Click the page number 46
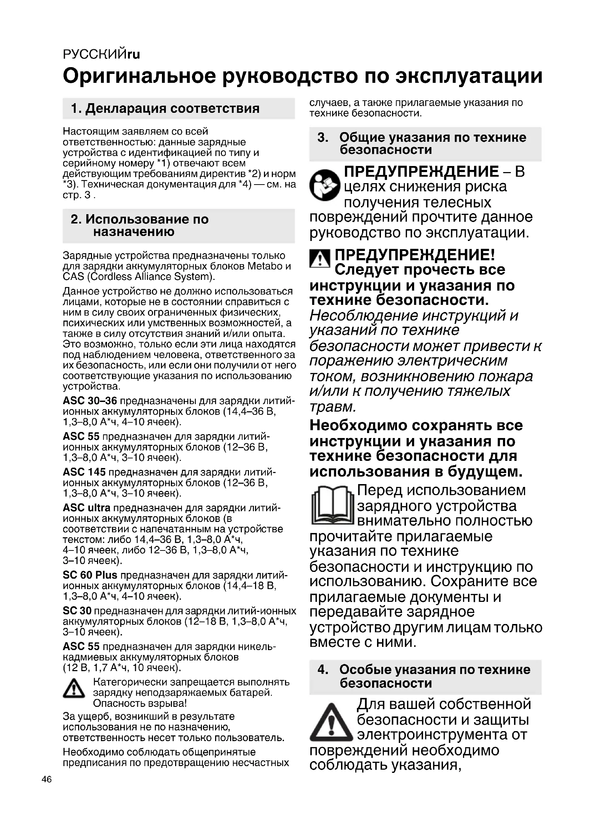[47, 779]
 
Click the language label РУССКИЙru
[101, 55]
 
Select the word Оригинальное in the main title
[139, 76]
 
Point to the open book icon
[332, 506]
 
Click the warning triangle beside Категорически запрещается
[74, 688]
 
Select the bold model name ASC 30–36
[90, 401]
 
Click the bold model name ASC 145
[84, 472]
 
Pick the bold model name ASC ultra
[86, 508]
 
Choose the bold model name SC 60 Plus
[90, 575]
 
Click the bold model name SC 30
[77, 610]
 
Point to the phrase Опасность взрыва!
[140, 703]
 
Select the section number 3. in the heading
[323, 137]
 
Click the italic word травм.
[332, 407]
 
